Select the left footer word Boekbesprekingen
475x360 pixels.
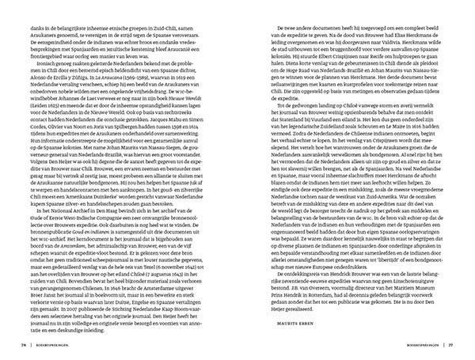pyautogui.click(x=51, y=345)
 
